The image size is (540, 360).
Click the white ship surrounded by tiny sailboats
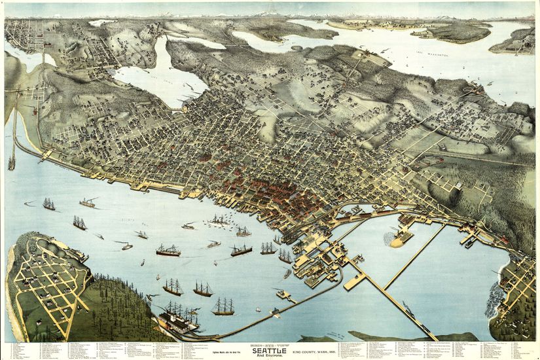(219, 221)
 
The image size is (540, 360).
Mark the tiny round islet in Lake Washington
(297, 48)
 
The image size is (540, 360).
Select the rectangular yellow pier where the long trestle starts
(354, 281)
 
